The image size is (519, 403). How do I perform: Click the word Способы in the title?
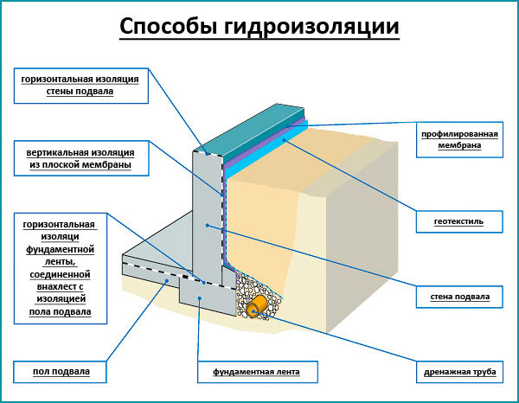point(169,26)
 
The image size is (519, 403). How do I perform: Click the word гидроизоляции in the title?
point(311,27)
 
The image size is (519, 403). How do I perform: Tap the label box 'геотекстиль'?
point(459,221)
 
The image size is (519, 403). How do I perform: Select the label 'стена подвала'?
point(459,297)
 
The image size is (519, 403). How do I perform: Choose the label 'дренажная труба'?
point(459,372)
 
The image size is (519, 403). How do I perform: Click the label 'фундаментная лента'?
point(258,372)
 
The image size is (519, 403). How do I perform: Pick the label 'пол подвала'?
point(61,372)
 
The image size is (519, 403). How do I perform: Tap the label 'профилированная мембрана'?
point(459,139)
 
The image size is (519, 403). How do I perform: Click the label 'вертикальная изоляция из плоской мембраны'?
point(81,158)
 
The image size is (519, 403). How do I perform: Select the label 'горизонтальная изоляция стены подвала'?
point(81,86)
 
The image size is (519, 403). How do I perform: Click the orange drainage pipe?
point(256,306)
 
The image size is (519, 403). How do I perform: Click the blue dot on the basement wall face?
point(208,226)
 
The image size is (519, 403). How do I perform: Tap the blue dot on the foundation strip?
point(200,298)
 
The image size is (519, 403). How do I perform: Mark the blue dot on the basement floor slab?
point(167,280)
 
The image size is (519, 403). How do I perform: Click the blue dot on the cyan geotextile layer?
point(284,140)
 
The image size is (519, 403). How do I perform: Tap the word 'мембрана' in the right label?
point(459,145)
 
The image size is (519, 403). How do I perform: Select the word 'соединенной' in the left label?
point(60,275)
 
